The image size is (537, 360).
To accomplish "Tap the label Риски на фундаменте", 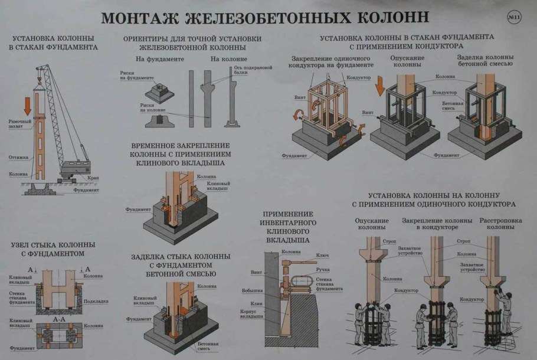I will (x=136, y=77).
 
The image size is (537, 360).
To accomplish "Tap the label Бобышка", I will (x=252, y=290).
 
